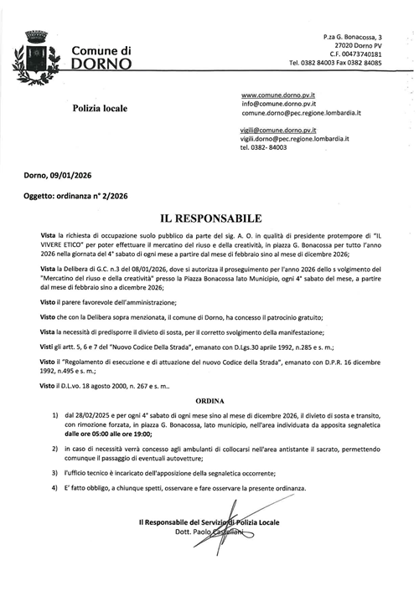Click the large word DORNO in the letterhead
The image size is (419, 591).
(x=101, y=64)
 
